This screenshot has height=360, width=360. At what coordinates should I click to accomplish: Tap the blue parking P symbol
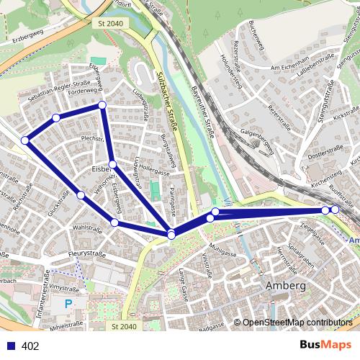[x=68, y=304]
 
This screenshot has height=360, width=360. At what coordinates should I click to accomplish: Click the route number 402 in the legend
[x=31, y=346]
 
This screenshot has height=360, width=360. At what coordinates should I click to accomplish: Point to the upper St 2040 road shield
[x=108, y=24]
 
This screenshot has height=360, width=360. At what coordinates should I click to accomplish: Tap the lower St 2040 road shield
[x=124, y=327]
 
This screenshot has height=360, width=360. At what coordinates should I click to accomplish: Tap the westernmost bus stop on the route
[x=24, y=140]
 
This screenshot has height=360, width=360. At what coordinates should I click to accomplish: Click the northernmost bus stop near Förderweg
[x=102, y=106]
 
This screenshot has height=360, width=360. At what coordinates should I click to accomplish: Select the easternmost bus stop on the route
[x=335, y=210]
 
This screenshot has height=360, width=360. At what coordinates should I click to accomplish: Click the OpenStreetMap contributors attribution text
[x=297, y=323]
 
